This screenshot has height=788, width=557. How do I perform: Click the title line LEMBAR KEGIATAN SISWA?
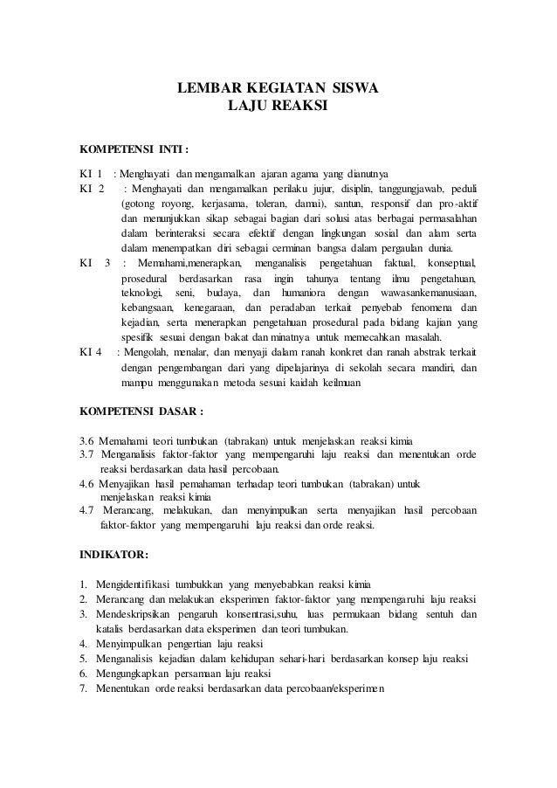[x=278, y=88]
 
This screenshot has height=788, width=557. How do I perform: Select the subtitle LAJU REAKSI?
[x=278, y=106]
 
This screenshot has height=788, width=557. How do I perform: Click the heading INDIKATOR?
[x=114, y=554]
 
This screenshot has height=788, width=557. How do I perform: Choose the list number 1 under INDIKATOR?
[x=83, y=583]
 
